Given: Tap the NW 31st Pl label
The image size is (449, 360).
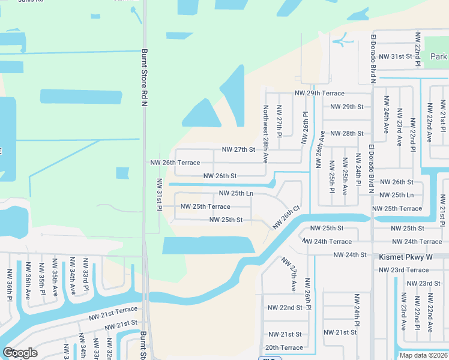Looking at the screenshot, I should point(160,194).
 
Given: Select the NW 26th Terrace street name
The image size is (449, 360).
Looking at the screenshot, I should point(175,163).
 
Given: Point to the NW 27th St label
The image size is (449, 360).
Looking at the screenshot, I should point(238,149).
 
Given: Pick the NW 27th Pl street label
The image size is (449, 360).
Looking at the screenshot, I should point(279,122).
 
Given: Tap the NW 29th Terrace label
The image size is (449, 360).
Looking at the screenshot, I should point(319,93).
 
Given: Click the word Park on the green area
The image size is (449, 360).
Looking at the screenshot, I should point(439,56).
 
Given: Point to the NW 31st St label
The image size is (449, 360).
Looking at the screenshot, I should point(396,56).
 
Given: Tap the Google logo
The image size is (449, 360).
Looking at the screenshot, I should point(20,353).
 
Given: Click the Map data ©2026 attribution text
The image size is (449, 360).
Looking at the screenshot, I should point(423,355).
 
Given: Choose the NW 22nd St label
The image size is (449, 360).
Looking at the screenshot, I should point(285,307).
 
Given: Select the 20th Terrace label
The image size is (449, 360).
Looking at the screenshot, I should point(284,347).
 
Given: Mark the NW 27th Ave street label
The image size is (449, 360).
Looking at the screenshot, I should point(289,275).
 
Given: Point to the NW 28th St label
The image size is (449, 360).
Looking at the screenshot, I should point(347,133).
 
